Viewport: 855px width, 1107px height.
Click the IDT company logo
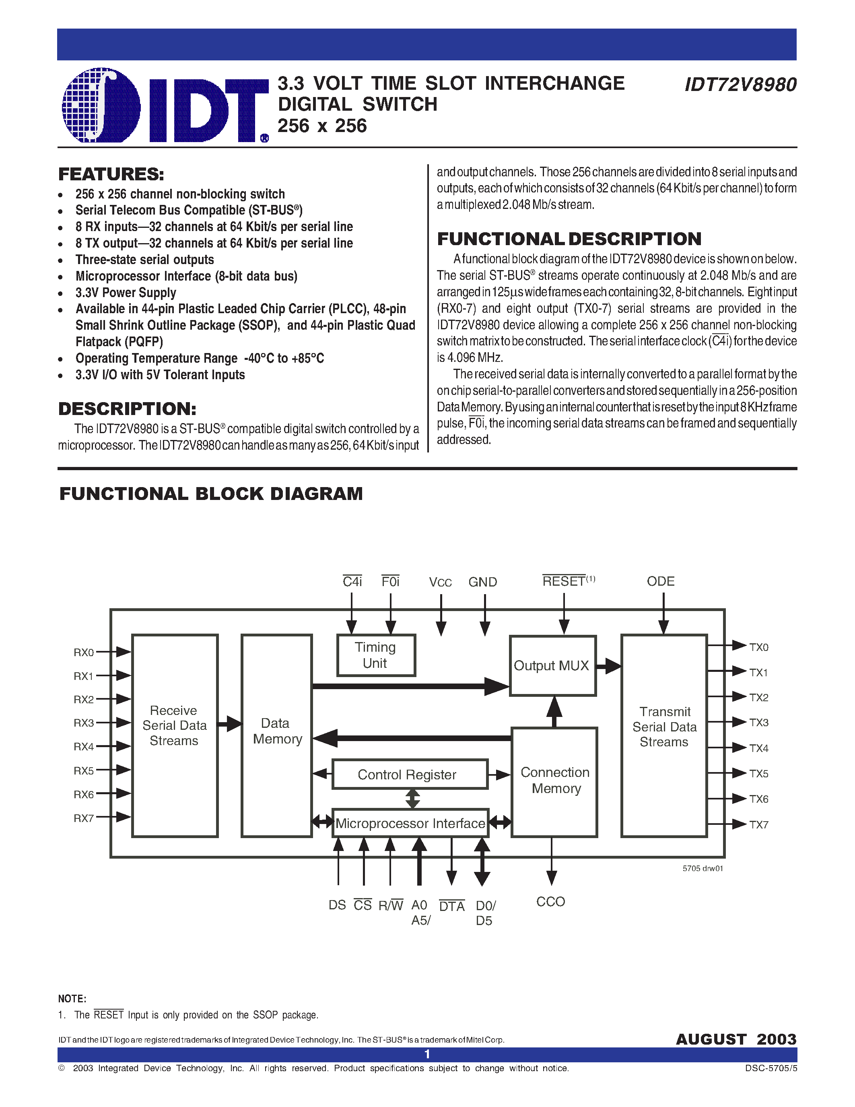pos(165,105)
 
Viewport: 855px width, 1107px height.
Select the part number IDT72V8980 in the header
pos(740,85)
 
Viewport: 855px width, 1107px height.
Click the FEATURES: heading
pos(111,174)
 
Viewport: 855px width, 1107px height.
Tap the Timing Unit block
pos(376,655)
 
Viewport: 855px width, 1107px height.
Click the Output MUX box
pos(552,665)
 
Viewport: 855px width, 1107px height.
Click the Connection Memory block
pos(554,781)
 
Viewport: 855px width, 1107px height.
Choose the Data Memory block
pos(276,731)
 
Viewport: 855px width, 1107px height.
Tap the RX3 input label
pos(84,723)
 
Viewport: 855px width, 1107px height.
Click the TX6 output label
pos(758,799)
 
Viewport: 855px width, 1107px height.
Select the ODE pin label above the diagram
pos(661,581)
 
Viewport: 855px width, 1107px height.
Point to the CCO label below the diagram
pos(550,901)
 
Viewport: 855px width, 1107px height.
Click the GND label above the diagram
pos(482,582)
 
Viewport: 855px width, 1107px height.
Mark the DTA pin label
pos(452,906)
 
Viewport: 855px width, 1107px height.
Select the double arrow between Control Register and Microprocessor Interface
pos(413,799)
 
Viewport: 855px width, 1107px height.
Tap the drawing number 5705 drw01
pos(703,868)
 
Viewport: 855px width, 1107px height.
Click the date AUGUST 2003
pos(736,1039)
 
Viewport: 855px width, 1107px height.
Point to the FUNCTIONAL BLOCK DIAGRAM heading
pos(211,494)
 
